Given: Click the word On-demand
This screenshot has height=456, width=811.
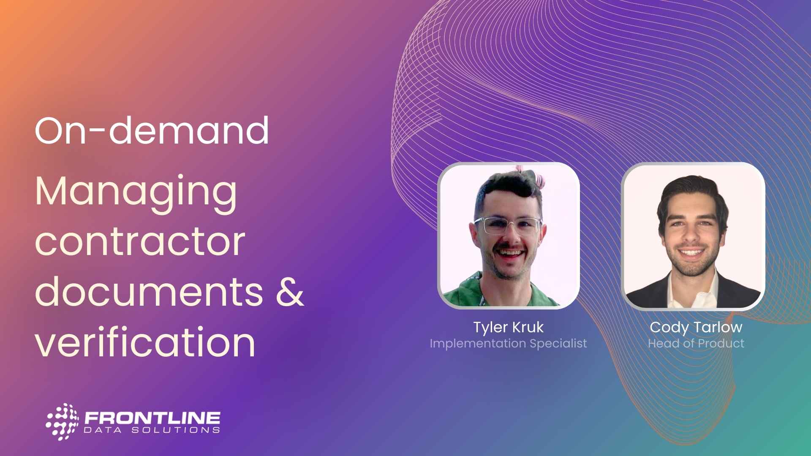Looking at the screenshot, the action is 152,130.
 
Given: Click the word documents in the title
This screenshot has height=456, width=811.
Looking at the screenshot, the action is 149,291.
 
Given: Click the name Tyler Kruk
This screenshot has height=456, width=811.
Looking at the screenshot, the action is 508,327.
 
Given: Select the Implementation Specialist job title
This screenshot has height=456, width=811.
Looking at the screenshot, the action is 508,344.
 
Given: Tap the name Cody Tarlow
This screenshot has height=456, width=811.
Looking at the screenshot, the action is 696,327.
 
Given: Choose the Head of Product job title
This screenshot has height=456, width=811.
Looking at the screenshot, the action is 696,343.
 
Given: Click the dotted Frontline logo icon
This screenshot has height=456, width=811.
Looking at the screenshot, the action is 63,421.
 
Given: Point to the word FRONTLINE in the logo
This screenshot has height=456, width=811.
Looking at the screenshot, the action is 152,418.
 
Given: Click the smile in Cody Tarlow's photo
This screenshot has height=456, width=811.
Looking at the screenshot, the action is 691,252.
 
